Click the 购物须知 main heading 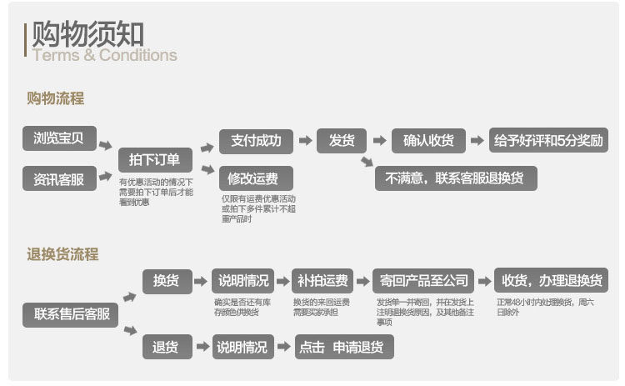[x=87, y=34]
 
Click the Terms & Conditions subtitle [x=104, y=56]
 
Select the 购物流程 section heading [x=55, y=98]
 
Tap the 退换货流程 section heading [x=62, y=254]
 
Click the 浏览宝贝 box [x=59, y=138]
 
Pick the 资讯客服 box [x=59, y=178]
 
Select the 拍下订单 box [x=155, y=159]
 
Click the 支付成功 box [x=256, y=140]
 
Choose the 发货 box [x=342, y=140]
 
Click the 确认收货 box [x=428, y=140]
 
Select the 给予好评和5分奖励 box [x=547, y=140]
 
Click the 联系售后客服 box [x=71, y=314]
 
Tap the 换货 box [x=167, y=280]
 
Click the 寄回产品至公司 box [x=422, y=280]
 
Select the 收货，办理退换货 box [x=551, y=280]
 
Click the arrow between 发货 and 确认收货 [x=379, y=140]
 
